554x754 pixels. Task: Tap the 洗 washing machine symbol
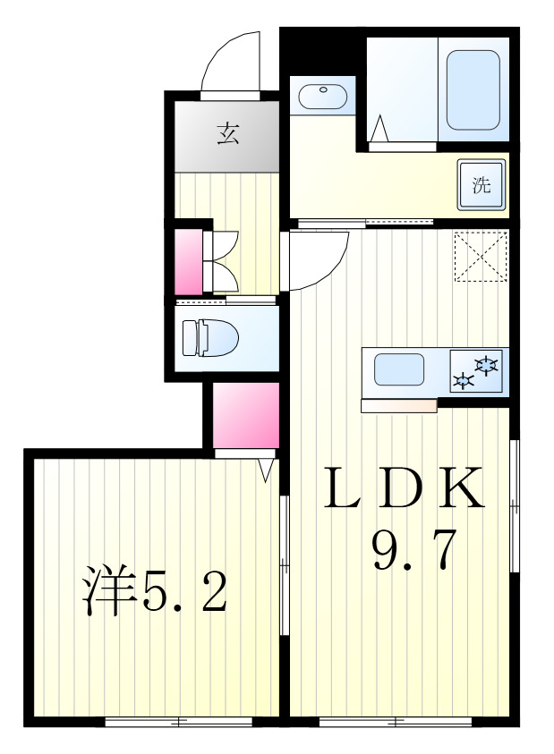[x=482, y=185]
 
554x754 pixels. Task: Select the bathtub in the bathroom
[x=473, y=89]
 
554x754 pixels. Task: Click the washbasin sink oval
[x=323, y=96]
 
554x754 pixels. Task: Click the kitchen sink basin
[x=399, y=369]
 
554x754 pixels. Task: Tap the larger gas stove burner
[x=486, y=364]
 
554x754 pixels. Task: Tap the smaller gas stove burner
[x=464, y=381]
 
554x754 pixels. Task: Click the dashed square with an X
[x=481, y=256]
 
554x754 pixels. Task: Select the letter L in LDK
[x=343, y=487]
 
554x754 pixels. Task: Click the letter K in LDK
[x=461, y=487]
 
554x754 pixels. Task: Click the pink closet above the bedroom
[x=246, y=416]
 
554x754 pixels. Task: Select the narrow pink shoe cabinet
[x=189, y=261]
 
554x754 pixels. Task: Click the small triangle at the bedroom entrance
[x=266, y=470]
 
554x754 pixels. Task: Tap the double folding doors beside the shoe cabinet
[x=219, y=261]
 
